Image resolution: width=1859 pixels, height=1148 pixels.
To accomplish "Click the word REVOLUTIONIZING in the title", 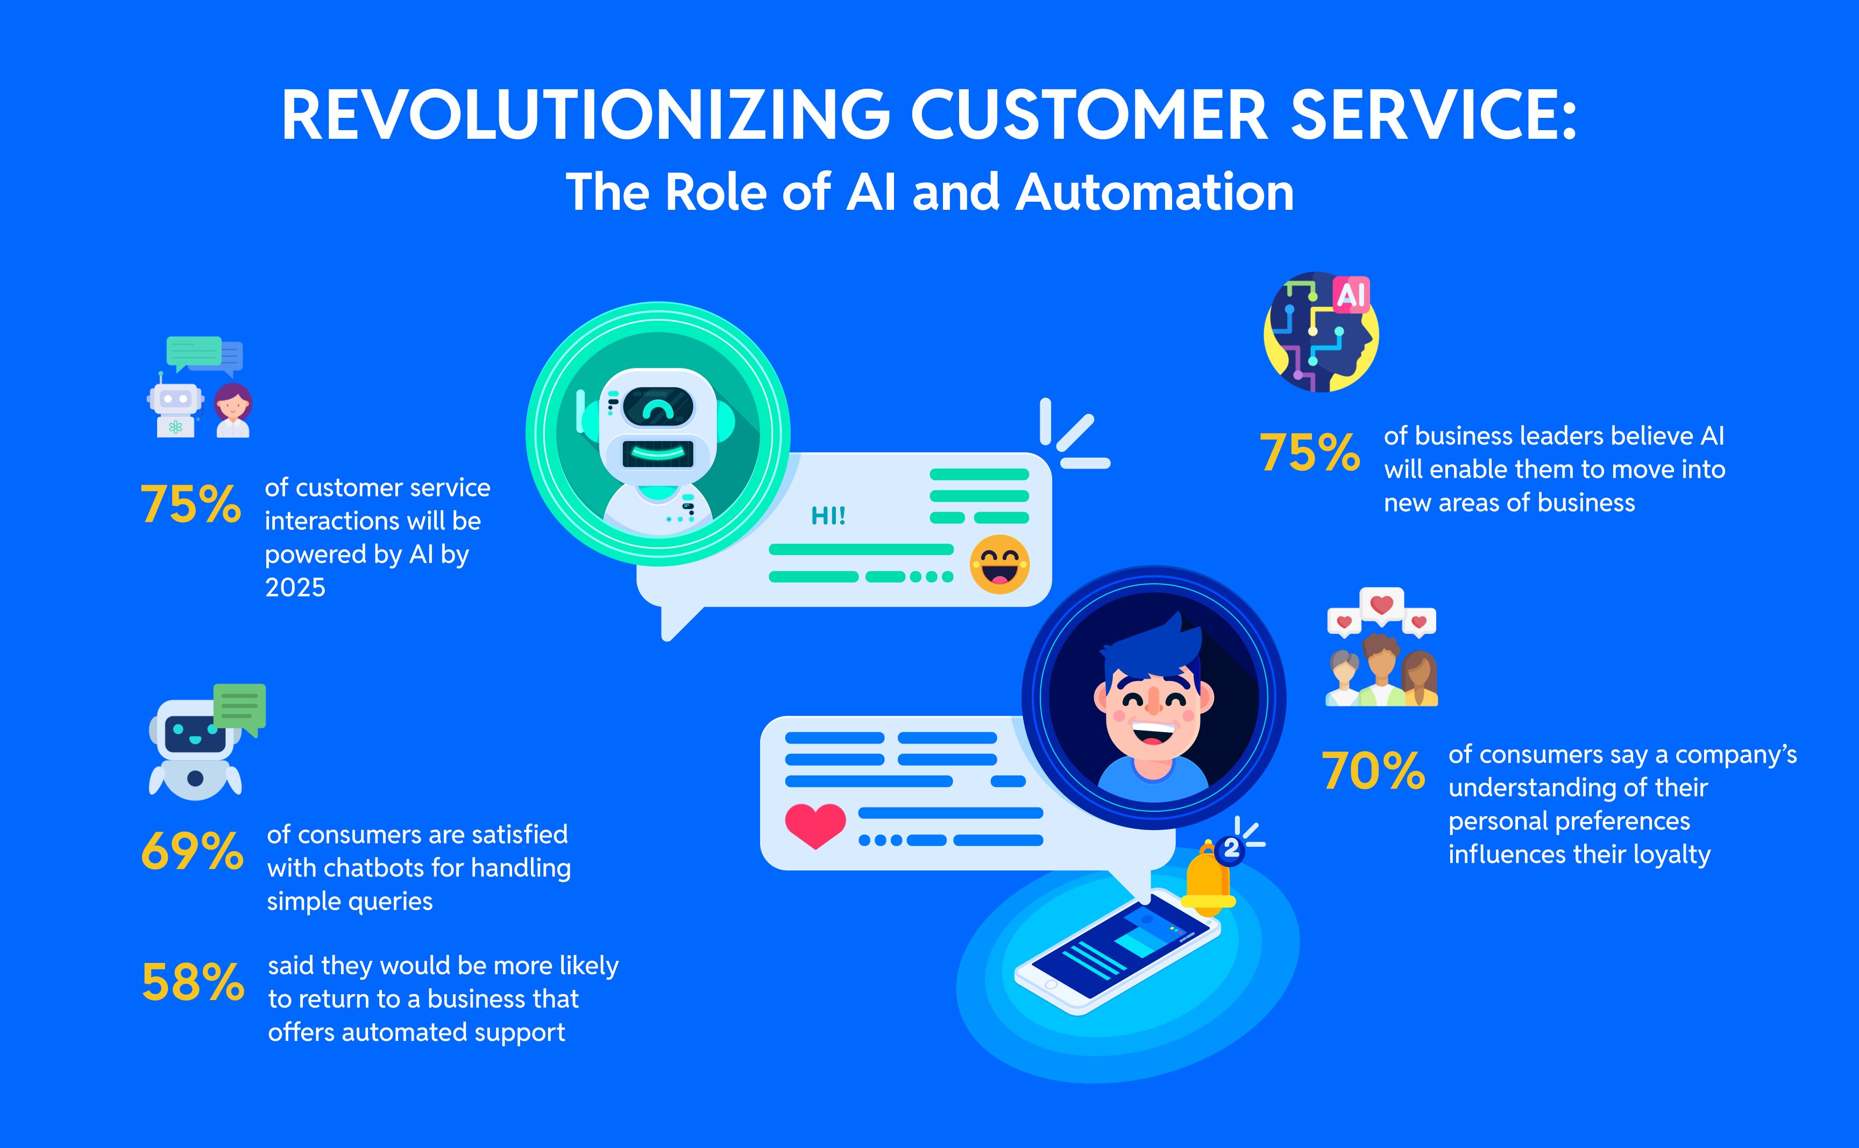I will [x=585, y=116].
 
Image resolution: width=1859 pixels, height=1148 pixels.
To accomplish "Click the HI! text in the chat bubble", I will [x=828, y=516].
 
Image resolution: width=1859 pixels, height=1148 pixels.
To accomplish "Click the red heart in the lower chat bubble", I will [x=814, y=825].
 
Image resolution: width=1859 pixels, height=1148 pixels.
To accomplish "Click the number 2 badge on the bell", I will [x=1231, y=848].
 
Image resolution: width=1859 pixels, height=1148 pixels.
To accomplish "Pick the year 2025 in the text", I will [x=295, y=587].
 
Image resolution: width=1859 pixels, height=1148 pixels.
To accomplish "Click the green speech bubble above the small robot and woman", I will [x=194, y=351].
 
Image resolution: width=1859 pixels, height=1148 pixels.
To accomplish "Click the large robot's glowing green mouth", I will [x=657, y=454].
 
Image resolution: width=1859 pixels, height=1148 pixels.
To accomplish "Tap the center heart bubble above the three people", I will [x=1381, y=606].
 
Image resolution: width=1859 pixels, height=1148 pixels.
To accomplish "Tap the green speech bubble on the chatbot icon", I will [x=240, y=707].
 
